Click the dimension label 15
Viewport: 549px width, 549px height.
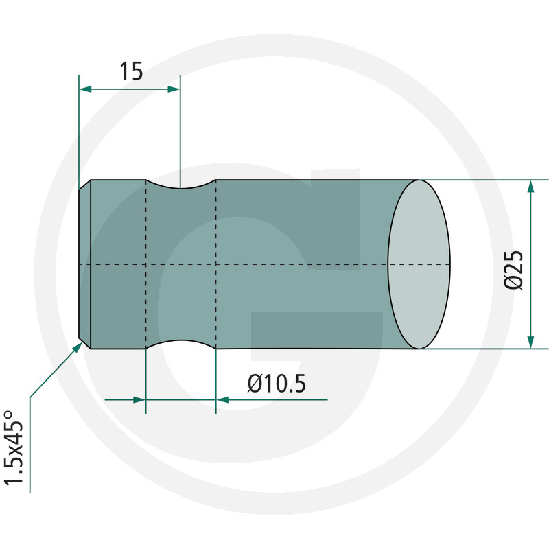coord(131,71)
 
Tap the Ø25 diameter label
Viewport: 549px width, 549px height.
coord(513,270)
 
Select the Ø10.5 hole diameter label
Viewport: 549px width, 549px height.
coord(277,384)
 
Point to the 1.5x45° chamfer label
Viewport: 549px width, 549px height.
coord(13,447)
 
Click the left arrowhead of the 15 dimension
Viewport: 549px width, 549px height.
coord(85,89)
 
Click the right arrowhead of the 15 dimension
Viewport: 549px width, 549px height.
coord(174,89)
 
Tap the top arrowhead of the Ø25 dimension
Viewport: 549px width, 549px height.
coord(530,187)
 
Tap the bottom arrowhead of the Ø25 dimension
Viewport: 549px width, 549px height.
coord(530,342)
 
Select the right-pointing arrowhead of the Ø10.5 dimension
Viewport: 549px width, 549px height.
coord(139,399)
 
